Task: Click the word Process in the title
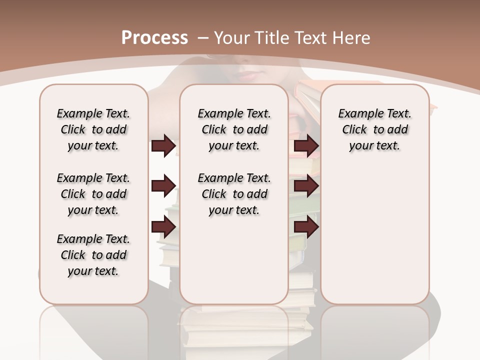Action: [154, 37]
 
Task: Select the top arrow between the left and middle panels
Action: [163, 145]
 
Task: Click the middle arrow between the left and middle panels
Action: [163, 186]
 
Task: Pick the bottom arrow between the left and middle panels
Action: [163, 227]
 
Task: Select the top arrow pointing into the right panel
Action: [306, 145]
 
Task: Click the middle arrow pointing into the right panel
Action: [306, 186]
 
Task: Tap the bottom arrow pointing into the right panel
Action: [306, 227]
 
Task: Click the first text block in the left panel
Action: [93, 129]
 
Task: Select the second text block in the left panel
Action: [93, 194]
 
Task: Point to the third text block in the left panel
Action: [93, 255]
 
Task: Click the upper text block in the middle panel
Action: [234, 129]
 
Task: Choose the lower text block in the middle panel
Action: [234, 194]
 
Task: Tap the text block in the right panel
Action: [375, 129]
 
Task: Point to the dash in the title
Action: [203, 38]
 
